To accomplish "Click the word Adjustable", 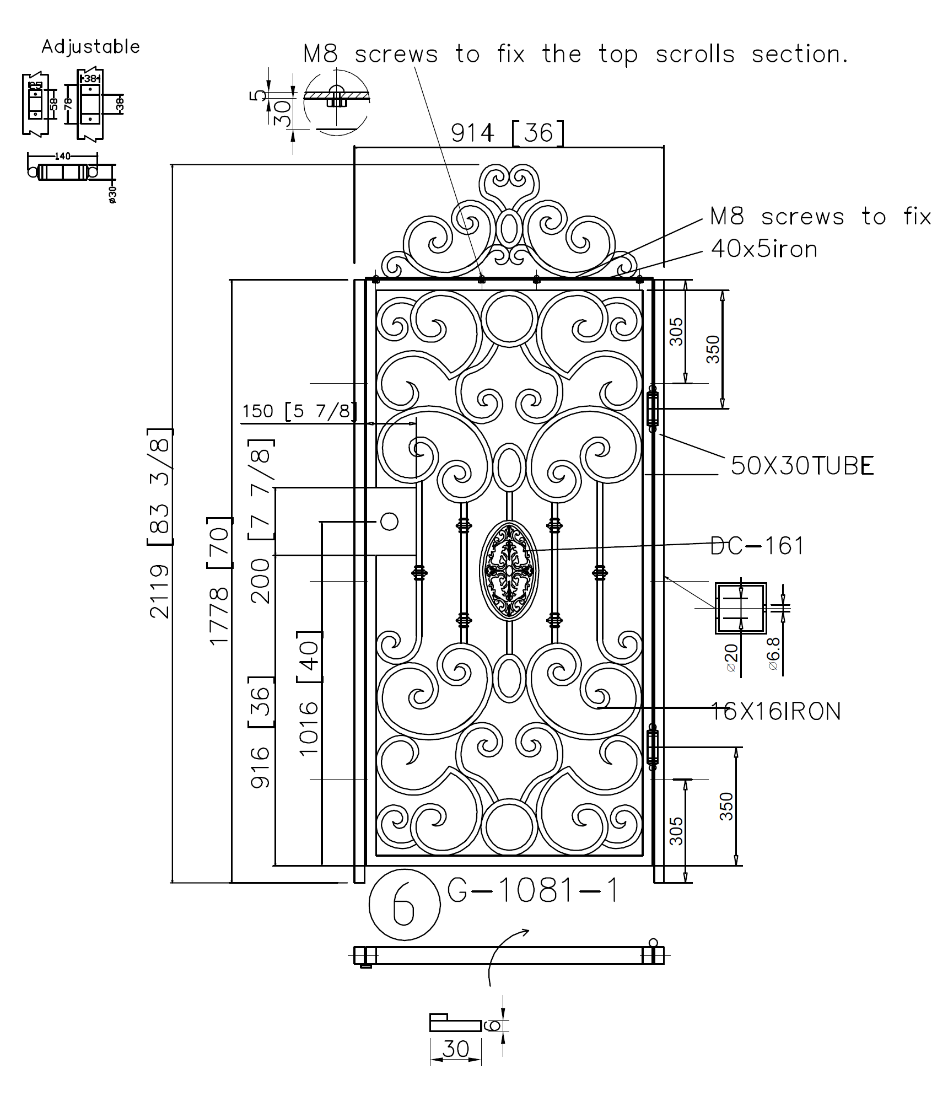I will click(90, 47).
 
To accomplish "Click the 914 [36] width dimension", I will click(508, 133).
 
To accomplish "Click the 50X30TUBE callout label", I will click(802, 466).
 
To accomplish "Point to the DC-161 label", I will click(757, 546).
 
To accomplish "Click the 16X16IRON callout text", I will click(775, 712).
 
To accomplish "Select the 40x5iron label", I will click(764, 249).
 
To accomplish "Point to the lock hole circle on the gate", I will click(389, 522).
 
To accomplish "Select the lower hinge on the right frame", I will click(652, 747).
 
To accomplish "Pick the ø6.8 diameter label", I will click(774, 653).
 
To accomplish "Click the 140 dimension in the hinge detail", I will click(63, 156).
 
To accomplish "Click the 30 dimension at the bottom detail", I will click(455, 1049).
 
